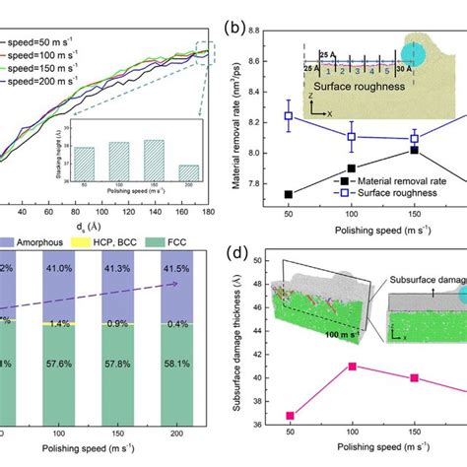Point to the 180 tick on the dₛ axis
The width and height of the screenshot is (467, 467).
(178, 211)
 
